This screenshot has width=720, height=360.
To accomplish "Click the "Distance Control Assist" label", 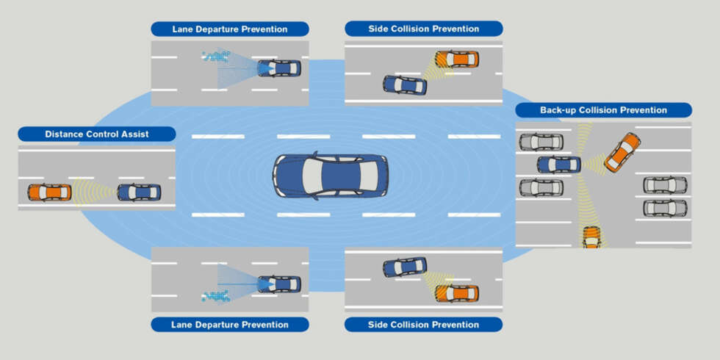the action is click(97, 134).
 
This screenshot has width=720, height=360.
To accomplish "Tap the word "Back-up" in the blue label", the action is click(558, 110).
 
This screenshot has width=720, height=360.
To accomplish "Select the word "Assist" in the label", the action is click(135, 134).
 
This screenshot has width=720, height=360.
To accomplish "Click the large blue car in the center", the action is click(331, 176).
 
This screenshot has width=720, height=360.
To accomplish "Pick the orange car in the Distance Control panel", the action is click(50, 192).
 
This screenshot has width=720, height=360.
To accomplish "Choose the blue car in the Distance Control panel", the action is click(139, 192).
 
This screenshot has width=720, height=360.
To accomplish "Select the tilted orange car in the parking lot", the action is click(622, 153).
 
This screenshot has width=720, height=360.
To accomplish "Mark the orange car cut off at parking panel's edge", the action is click(592, 237).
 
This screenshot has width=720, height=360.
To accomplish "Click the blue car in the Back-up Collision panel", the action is click(559, 165).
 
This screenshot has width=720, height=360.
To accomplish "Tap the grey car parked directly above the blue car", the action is click(541, 142).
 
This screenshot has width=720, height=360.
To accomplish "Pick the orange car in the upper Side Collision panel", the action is click(457, 59).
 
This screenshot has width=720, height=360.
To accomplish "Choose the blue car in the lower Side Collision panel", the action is click(405, 267).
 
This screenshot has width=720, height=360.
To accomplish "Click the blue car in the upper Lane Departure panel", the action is click(279, 68).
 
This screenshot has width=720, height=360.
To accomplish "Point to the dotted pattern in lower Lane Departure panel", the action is click(216, 296).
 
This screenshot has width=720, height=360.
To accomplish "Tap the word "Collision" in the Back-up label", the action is click(597, 110).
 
